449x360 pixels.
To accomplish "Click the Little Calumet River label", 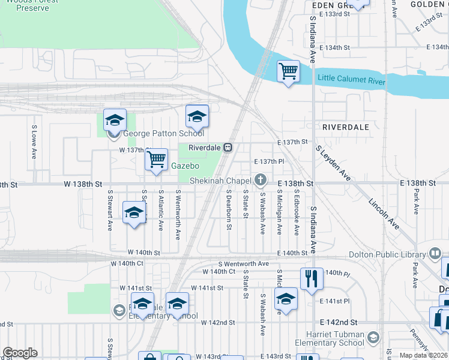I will point(351,79).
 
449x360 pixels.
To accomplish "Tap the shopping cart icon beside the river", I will point(289,71).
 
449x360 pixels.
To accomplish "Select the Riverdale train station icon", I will point(228,148).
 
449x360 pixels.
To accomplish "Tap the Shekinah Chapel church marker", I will point(261,180).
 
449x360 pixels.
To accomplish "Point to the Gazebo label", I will point(184,165).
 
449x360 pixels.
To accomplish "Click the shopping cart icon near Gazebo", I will point(156,160).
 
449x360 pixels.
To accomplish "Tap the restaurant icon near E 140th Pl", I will point(312,278).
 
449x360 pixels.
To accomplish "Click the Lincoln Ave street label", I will point(384,213).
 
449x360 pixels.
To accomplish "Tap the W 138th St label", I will point(81,183).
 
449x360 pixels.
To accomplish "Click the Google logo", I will point(20,353).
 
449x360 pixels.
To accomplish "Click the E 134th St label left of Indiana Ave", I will point(334,47).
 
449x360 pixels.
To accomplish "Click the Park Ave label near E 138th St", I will point(415,202).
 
